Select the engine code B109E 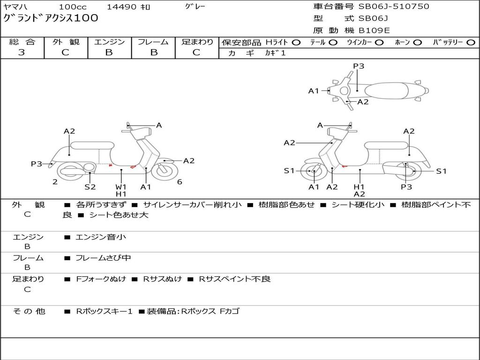tap(374, 31)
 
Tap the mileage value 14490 tap(122, 7)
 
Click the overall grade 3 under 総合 tap(22, 52)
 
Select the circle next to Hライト tap(296, 43)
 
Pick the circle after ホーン tap(418, 43)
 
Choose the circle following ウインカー tap(379, 43)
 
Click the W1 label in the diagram tap(121, 187)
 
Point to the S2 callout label tap(90, 187)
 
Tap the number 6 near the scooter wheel tap(180, 182)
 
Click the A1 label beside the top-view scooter tap(314, 91)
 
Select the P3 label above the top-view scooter tap(359, 66)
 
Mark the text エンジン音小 tap(101, 237)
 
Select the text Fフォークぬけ tap(101, 279)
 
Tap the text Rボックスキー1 tap(105, 311)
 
